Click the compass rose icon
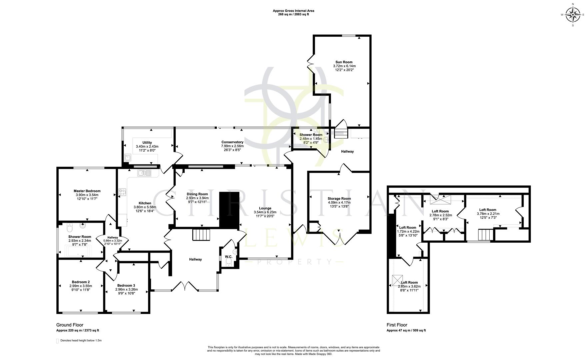pyautogui.click(x=573, y=14)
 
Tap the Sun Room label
pyautogui.click(x=344, y=62)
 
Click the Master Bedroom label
pyautogui.click(x=87, y=191)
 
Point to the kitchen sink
pyautogui.click(x=144, y=173)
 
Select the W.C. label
pyautogui.click(x=228, y=257)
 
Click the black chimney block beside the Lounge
pyautogui.click(x=229, y=210)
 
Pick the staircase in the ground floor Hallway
pyautogui.click(x=201, y=234)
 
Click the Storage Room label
pyautogui.click(x=339, y=198)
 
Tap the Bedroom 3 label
pyautogui.click(x=126, y=285)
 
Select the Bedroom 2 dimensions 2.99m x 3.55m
pyautogui.click(x=81, y=286)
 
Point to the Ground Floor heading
pyautogui.click(x=70, y=325)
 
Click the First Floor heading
pyautogui.click(x=397, y=325)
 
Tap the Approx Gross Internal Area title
pyautogui.click(x=293, y=11)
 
